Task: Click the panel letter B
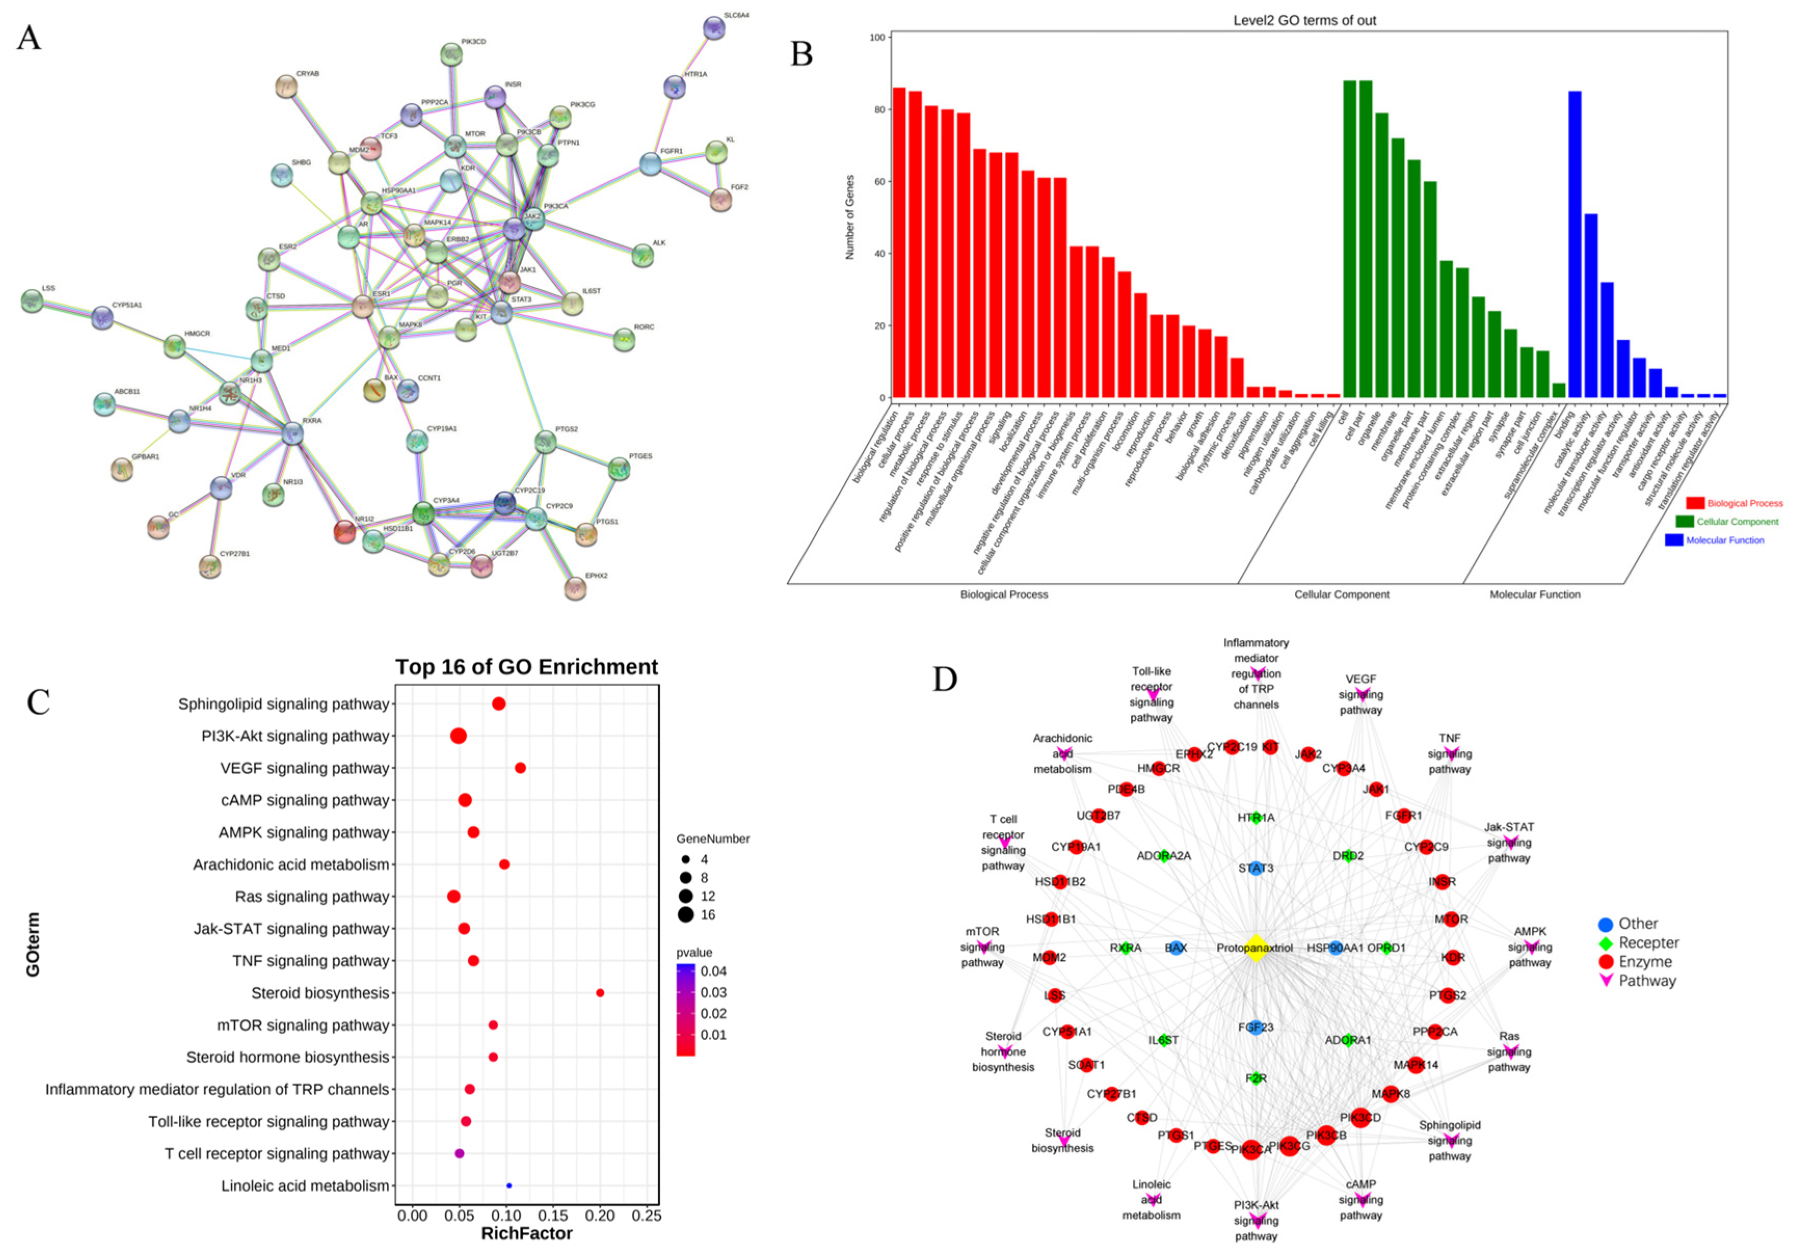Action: [x=801, y=55]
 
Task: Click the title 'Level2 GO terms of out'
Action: [x=1304, y=20]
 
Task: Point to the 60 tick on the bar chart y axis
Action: [x=879, y=182]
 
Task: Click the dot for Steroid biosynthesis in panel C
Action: [x=600, y=992]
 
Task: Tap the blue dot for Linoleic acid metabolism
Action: [x=509, y=1186]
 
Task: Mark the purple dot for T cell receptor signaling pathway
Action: [x=459, y=1153]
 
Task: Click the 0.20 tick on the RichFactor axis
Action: [x=600, y=1216]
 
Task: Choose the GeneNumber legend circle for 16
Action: [x=686, y=914]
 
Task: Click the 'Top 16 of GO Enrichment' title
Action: [x=526, y=667]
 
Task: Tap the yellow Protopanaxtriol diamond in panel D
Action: [x=1256, y=948]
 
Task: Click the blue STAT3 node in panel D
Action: [x=1256, y=868]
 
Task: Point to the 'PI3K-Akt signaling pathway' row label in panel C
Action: [x=295, y=736]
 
